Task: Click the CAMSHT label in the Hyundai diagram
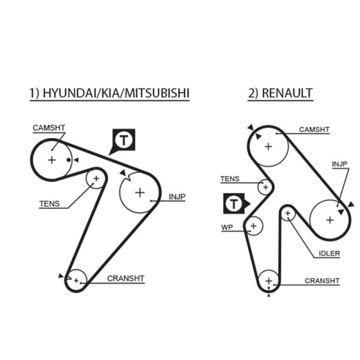(x=49, y=128)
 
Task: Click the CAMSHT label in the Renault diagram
(x=315, y=130)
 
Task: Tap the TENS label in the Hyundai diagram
(x=49, y=203)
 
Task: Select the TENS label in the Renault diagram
(x=229, y=179)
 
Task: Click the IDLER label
(x=329, y=253)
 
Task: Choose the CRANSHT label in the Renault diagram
(x=322, y=281)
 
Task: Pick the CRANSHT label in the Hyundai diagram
(x=126, y=279)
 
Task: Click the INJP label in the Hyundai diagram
(x=177, y=197)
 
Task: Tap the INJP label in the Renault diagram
(x=339, y=164)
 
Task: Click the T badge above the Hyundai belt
(x=123, y=140)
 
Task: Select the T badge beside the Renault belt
(x=234, y=204)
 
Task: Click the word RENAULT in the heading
(x=286, y=93)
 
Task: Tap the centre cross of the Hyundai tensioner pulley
(x=95, y=179)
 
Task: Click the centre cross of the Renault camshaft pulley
(x=269, y=146)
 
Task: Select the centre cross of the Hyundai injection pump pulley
(x=140, y=193)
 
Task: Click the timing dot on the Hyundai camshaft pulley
(x=68, y=160)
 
